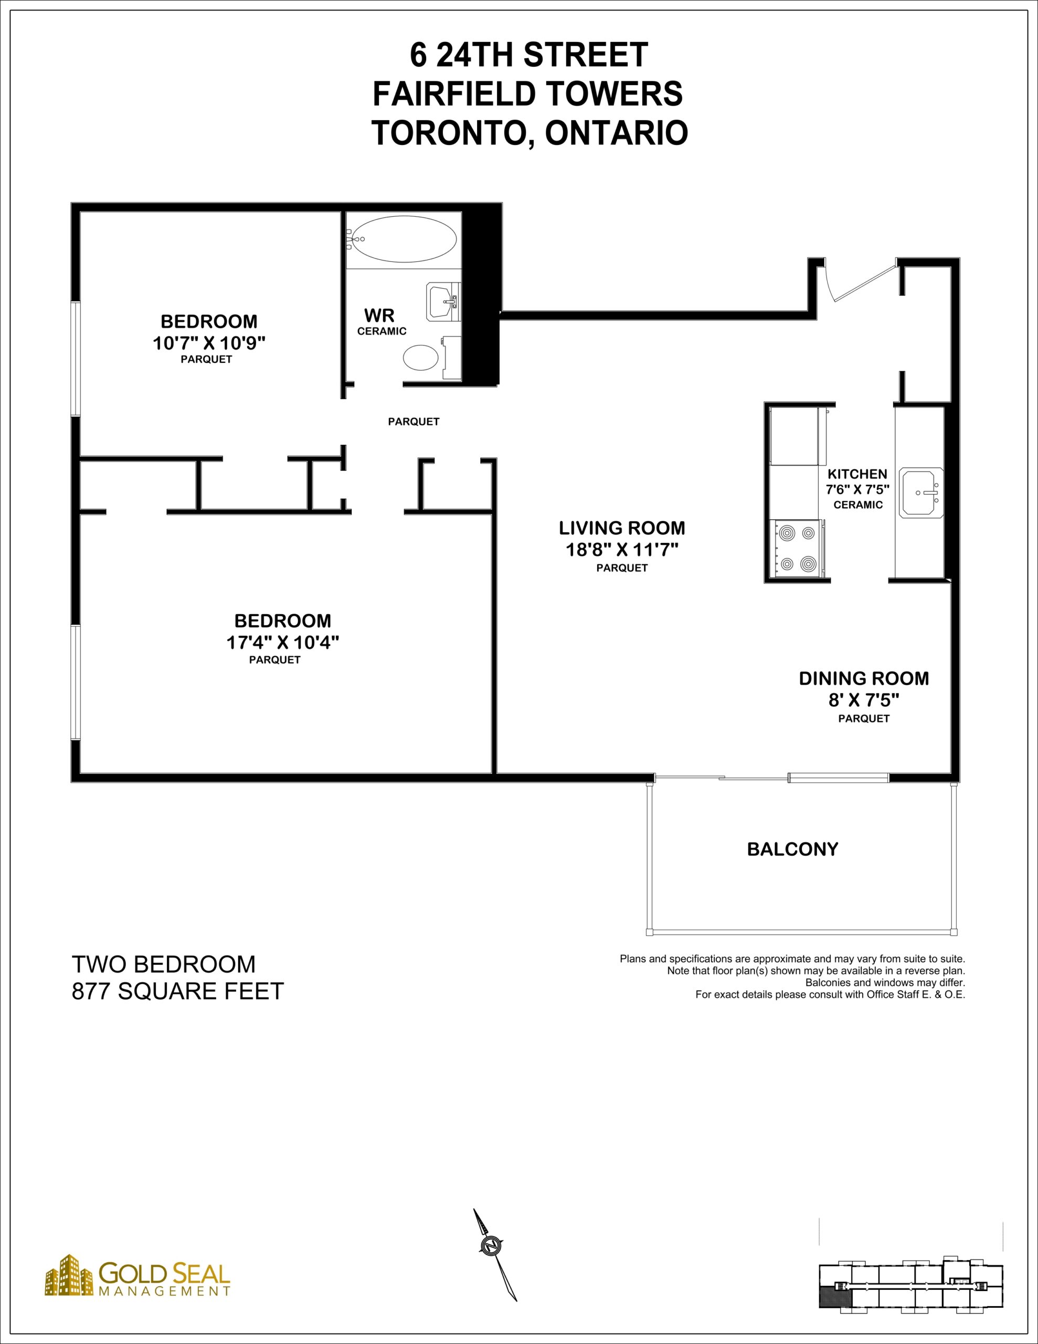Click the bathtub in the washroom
(404, 240)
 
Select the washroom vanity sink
(443, 301)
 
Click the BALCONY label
(792, 849)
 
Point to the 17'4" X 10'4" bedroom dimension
(282, 643)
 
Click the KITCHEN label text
(857, 474)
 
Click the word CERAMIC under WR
(382, 331)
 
